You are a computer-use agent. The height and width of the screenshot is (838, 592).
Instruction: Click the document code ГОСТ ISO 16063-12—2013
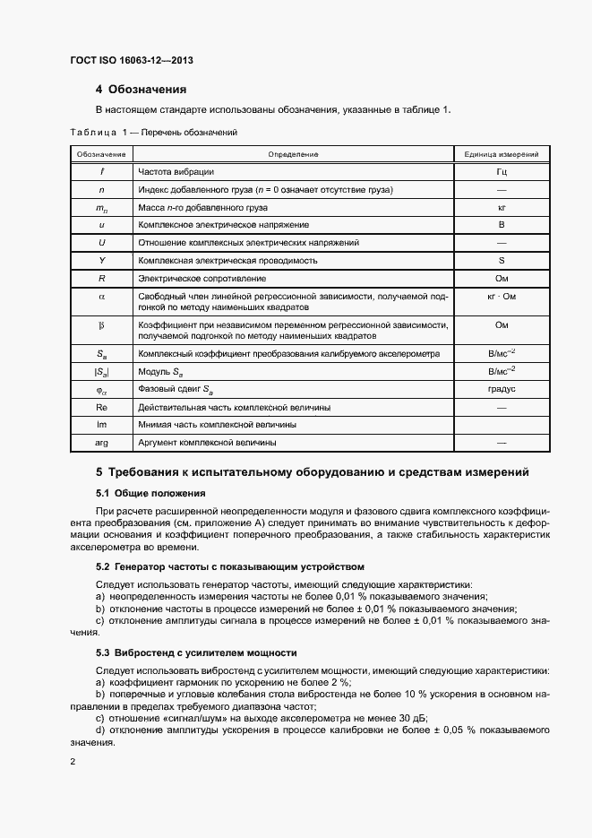click(132, 61)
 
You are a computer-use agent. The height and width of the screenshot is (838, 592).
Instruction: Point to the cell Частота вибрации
click(176, 171)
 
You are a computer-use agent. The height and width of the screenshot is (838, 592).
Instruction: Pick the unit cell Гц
click(502, 171)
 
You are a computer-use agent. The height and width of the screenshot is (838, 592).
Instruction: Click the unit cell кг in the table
click(502, 207)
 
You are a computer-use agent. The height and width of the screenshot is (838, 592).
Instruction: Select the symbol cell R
click(101, 279)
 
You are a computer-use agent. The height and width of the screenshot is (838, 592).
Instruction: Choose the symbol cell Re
click(101, 407)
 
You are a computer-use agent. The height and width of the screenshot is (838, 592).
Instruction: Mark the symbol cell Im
click(101, 425)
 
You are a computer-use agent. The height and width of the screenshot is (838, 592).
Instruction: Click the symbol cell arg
click(101, 443)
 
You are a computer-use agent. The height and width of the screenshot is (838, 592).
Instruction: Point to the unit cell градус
click(502, 389)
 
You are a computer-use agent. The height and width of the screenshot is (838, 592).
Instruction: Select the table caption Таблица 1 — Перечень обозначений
click(153, 132)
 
